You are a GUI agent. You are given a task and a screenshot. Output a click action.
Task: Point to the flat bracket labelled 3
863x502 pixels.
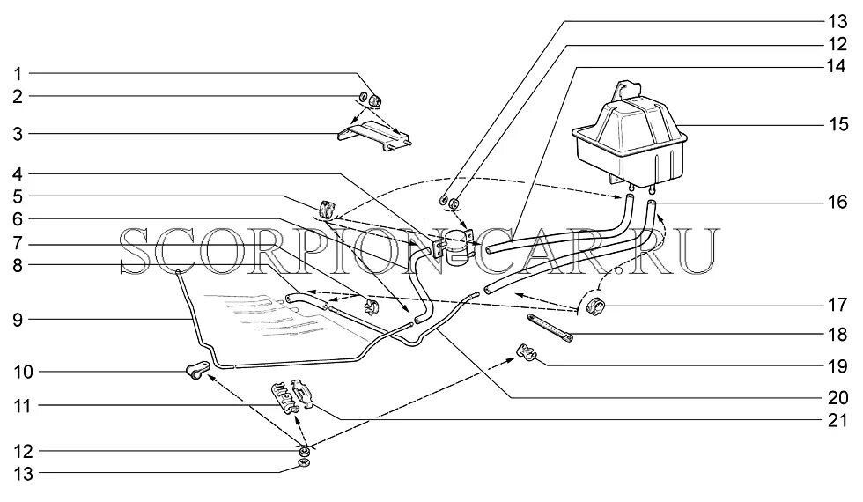(374, 137)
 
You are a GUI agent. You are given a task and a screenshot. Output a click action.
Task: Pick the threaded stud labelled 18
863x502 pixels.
(550, 327)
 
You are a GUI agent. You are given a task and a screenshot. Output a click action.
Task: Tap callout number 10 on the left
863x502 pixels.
(18, 373)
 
